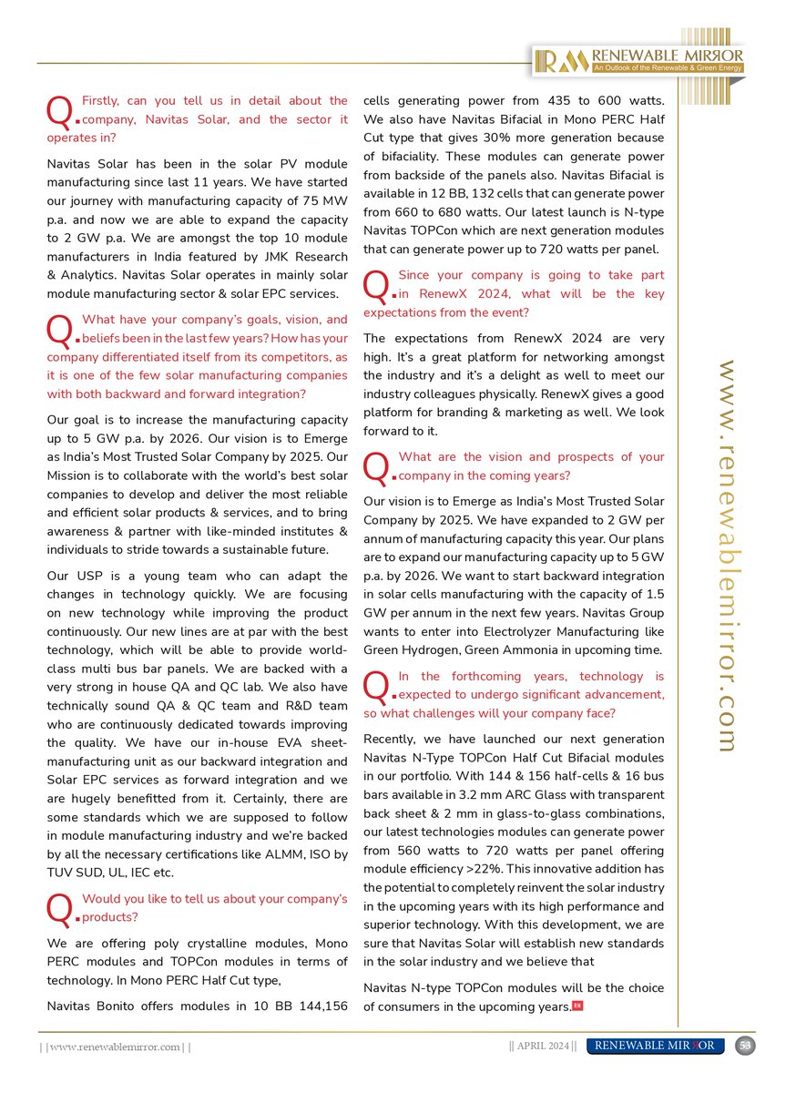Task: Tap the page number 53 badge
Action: click(744, 1046)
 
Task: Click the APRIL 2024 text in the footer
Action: click(542, 1046)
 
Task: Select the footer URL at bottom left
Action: click(114, 1047)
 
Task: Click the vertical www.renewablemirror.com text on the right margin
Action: click(726, 556)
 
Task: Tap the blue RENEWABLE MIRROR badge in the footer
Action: click(656, 1046)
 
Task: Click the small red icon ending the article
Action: click(577, 1006)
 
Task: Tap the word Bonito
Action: click(131, 1006)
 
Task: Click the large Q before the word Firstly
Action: click(59, 111)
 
